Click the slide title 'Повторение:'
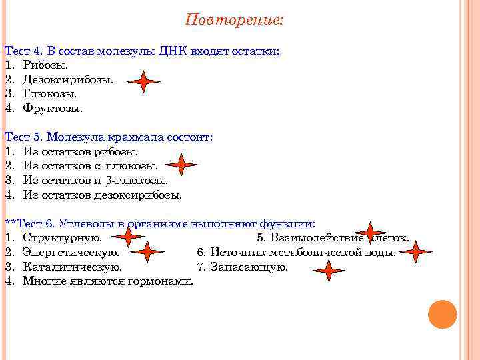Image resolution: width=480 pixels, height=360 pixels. (x=234, y=19)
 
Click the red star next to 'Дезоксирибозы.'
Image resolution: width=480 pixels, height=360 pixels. (x=144, y=81)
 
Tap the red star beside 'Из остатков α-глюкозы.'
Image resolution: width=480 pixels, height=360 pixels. (x=181, y=165)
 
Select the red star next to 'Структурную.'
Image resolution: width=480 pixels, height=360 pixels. (x=129, y=236)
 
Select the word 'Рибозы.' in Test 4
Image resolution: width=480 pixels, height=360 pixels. (x=45, y=65)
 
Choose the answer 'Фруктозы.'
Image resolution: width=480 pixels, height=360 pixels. (x=53, y=107)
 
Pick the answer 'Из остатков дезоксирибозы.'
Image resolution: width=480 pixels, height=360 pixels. (x=102, y=195)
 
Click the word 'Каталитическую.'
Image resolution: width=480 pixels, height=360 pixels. (x=72, y=267)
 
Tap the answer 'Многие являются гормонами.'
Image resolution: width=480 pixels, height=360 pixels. (x=107, y=281)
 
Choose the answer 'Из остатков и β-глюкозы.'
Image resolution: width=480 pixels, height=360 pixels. (x=95, y=180)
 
